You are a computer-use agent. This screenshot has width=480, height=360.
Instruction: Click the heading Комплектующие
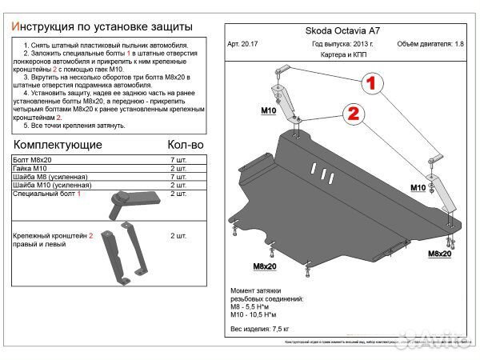pyautogui.click(x=58, y=145)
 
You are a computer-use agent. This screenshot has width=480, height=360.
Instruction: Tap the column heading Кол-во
pyautogui.click(x=185, y=145)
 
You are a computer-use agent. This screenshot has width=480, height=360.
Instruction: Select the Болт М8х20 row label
pyautogui.click(x=31, y=161)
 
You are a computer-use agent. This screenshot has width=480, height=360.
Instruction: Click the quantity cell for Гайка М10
pyautogui.click(x=178, y=169)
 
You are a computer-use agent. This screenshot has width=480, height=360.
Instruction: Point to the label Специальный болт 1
pyautogui.click(x=47, y=194)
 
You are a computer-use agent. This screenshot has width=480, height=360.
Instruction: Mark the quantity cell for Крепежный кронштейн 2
pyautogui.click(x=178, y=237)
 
